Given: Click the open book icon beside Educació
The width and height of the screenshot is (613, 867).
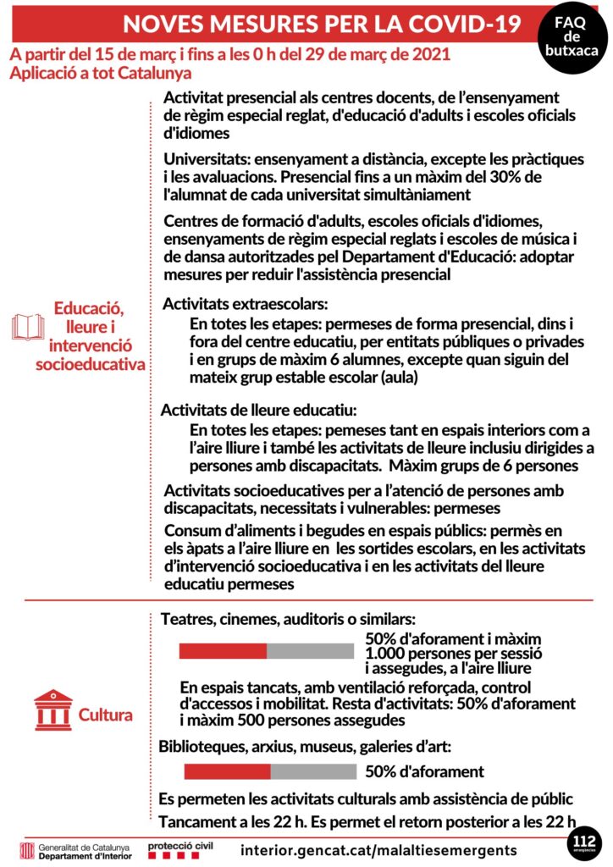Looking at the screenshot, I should point(28,327).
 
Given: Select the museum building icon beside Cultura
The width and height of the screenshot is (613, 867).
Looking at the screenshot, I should point(52,710).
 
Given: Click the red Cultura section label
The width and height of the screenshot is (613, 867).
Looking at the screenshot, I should point(105,715).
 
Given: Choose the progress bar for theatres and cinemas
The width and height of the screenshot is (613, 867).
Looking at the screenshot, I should point(266,650).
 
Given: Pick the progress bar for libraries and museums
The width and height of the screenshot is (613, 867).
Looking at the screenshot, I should point(270,771).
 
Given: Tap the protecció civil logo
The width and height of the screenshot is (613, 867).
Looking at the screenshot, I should point(180,849).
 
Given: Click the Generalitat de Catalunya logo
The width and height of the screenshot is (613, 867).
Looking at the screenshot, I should point(75,850).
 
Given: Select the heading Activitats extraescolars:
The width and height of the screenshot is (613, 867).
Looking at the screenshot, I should point(245,303).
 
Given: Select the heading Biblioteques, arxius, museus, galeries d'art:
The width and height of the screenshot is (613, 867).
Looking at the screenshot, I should point(305,747).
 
